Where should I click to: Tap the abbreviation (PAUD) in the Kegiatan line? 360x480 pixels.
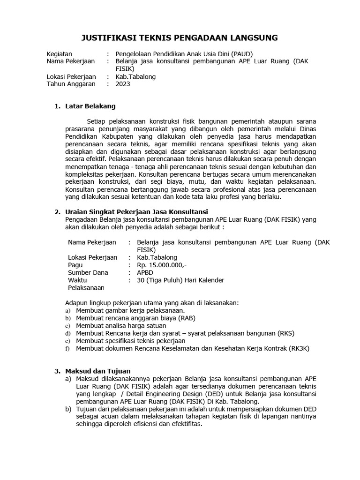[x=244, y=53]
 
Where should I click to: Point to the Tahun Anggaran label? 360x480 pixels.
[x=71, y=84]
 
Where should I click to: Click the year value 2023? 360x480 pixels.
[x=123, y=84]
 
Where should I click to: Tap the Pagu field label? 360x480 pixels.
[x=75, y=265]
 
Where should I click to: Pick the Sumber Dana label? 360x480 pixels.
[x=88, y=272]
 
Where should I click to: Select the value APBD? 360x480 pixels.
[x=145, y=272]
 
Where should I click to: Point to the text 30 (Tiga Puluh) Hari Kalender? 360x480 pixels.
[x=180, y=280]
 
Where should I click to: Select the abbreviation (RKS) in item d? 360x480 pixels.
[x=285, y=333]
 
